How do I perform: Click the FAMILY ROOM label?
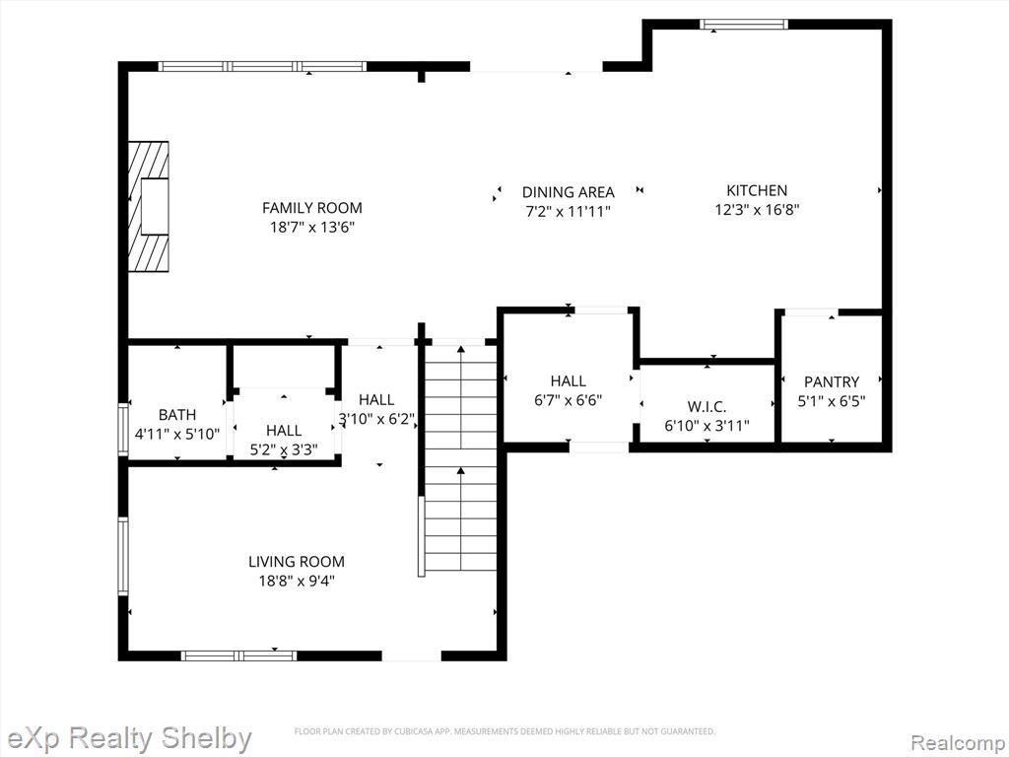(312, 208)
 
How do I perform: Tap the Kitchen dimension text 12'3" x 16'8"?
(757, 209)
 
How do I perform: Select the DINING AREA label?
(569, 192)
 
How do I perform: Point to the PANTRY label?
(832, 381)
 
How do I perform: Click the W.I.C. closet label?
(706, 407)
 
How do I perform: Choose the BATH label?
(177, 415)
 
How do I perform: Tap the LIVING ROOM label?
(297, 561)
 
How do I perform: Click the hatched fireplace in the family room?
(149, 207)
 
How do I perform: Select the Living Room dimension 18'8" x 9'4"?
(297, 581)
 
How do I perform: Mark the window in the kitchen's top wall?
(744, 25)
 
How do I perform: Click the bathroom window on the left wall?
(123, 430)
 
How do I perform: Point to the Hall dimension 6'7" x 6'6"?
(569, 400)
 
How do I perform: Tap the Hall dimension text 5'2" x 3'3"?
(284, 449)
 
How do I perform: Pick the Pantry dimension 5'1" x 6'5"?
(832, 401)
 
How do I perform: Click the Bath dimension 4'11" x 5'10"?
(177, 434)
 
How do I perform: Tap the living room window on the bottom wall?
(238, 655)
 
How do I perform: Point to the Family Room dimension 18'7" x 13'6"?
(312, 228)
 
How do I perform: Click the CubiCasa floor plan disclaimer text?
(504, 731)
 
